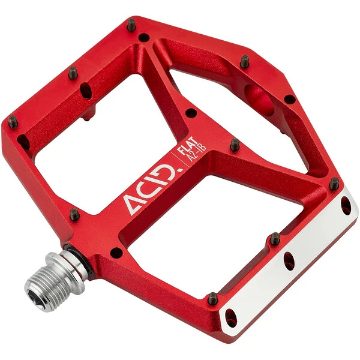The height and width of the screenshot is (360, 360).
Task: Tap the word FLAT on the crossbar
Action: click(188, 145)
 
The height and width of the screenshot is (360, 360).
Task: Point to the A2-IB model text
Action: click(197, 152)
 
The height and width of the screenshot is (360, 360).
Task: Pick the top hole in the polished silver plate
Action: click(346, 205)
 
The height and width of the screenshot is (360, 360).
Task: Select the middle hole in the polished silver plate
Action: click(289, 261)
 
